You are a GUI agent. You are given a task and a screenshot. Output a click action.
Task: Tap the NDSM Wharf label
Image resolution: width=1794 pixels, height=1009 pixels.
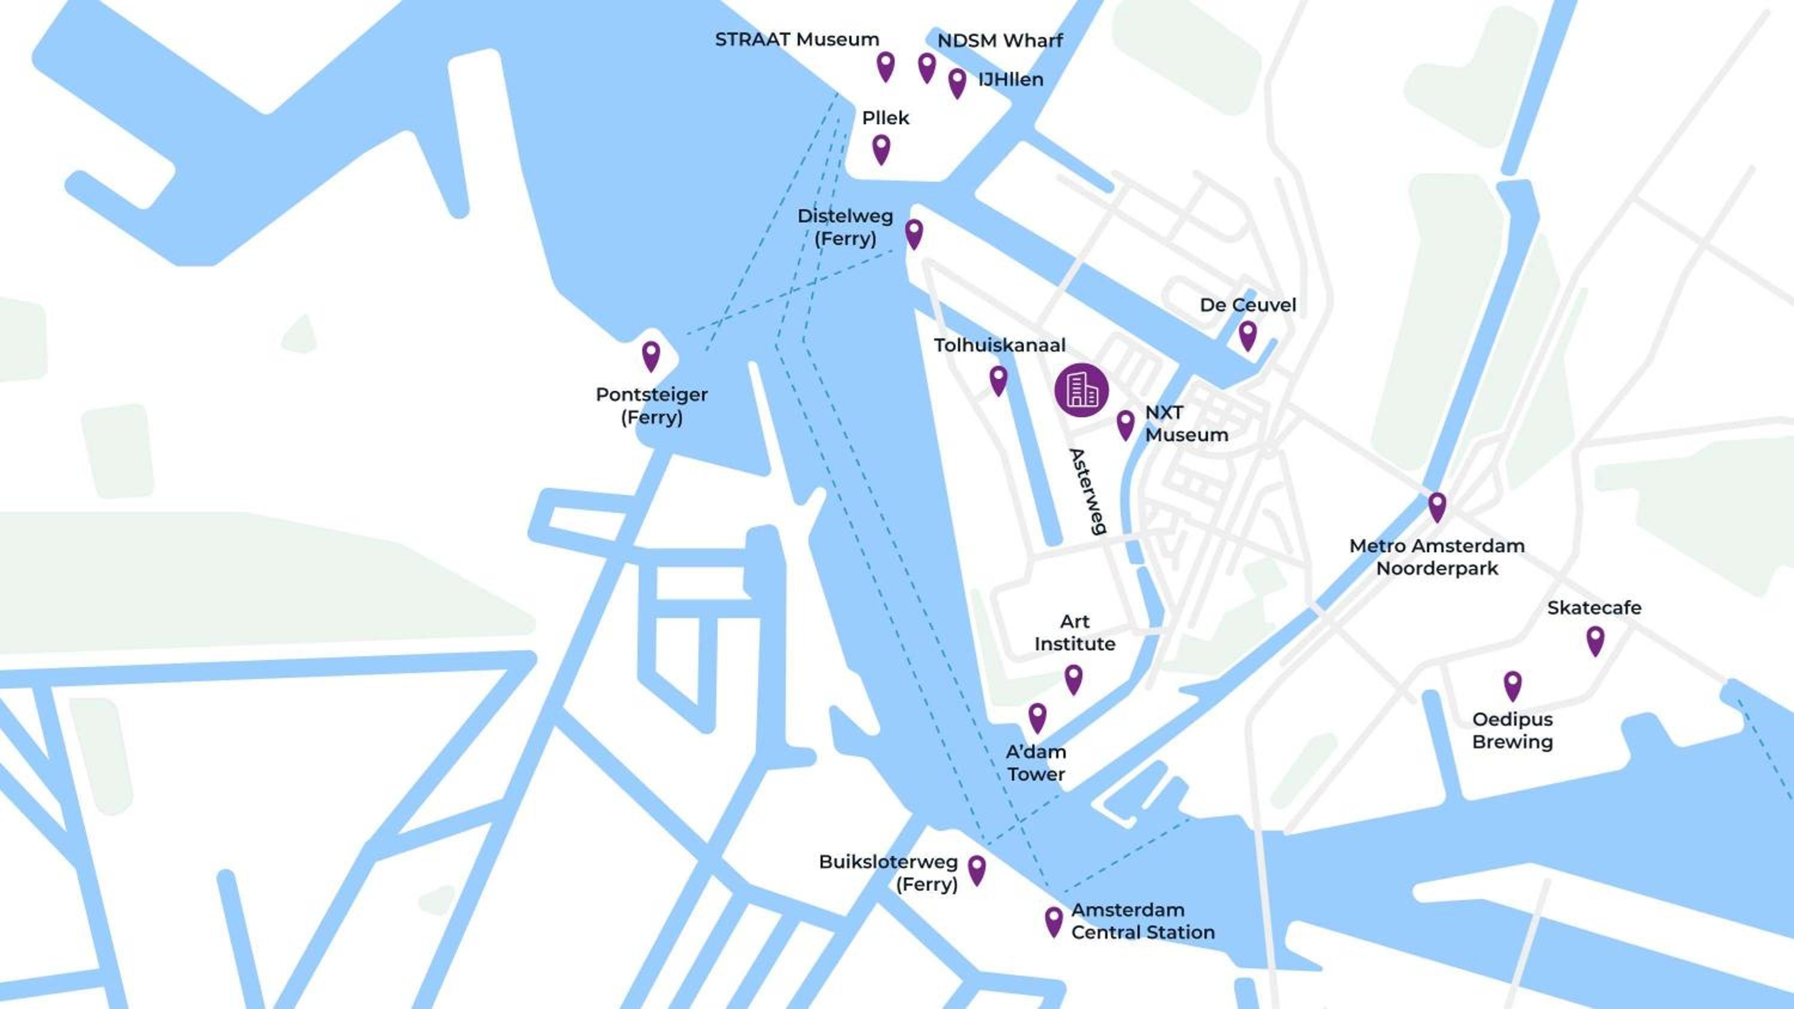click(999, 41)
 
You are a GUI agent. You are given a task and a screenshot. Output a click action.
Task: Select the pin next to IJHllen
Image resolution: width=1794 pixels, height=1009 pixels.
click(957, 81)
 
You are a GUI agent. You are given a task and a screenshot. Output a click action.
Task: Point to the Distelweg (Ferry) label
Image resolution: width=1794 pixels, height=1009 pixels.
click(845, 227)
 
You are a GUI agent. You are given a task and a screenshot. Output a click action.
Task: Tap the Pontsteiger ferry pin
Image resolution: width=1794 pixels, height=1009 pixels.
click(651, 354)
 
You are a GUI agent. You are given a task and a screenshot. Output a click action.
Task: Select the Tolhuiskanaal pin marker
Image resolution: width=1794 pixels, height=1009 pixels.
click(998, 380)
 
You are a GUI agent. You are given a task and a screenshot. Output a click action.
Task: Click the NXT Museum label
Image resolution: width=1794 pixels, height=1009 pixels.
click(1186, 423)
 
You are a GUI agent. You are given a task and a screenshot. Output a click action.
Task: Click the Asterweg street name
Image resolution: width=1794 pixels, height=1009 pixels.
click(1088, 491)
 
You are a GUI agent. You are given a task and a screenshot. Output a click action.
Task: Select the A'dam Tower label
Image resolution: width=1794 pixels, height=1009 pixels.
click(1036, 763)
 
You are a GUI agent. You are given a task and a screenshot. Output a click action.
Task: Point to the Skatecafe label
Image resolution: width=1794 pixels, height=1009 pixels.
click(1594, 608)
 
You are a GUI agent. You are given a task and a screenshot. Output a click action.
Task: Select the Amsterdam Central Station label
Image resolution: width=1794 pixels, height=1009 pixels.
click(1142, 921)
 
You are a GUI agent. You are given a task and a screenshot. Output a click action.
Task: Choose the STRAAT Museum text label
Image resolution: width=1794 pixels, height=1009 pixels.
click(797, 39)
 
